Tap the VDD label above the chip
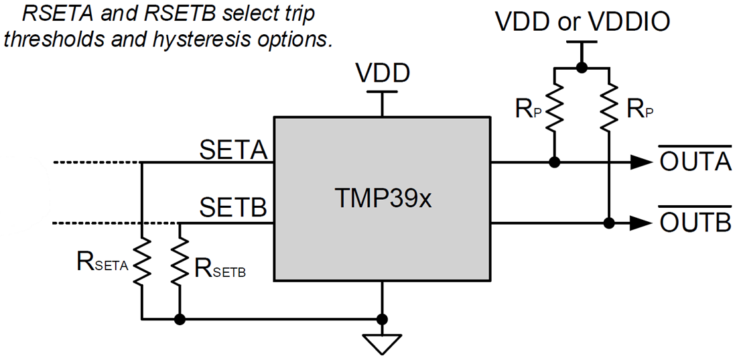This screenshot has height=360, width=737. [x=383, y=72]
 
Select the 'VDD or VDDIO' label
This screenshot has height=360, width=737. [x=582, y=22]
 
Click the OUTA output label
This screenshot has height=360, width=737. [x=695, y=162]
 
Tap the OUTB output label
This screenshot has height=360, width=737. [x=695, y=222]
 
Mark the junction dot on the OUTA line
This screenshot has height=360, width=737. [x=555, y=162]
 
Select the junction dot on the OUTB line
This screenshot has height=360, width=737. [x=608, y=222]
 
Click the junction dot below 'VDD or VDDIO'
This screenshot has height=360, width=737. [x=582, y=67]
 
